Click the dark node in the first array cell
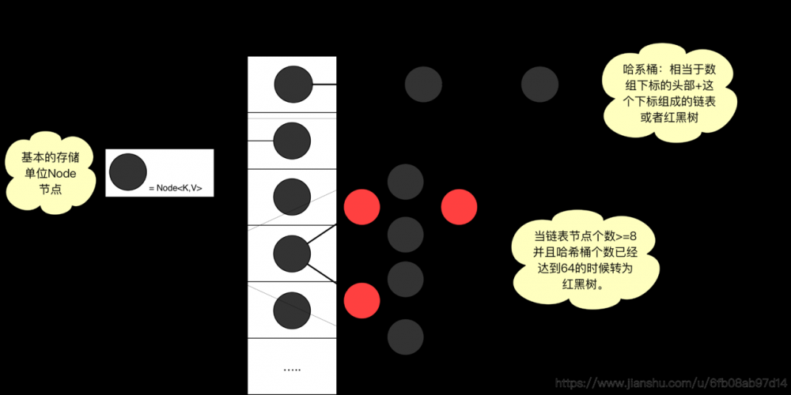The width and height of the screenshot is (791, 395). point(293,84)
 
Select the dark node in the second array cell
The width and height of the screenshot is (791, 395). point(292,141)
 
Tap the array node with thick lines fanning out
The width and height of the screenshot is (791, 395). point(292,254)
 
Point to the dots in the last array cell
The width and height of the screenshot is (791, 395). point(292,369)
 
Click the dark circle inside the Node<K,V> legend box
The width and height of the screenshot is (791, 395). point(127,171)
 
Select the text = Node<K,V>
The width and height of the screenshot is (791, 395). point(176,188)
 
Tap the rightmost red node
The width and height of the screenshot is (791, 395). point(459,206)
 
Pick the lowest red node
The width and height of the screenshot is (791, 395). point(362,301)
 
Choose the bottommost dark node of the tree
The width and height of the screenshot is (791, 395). point(406,337)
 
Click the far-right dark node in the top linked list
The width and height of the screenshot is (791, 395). point(539,84)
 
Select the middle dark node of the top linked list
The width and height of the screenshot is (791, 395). point(423,84)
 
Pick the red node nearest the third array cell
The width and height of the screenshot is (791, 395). point(362,206)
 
